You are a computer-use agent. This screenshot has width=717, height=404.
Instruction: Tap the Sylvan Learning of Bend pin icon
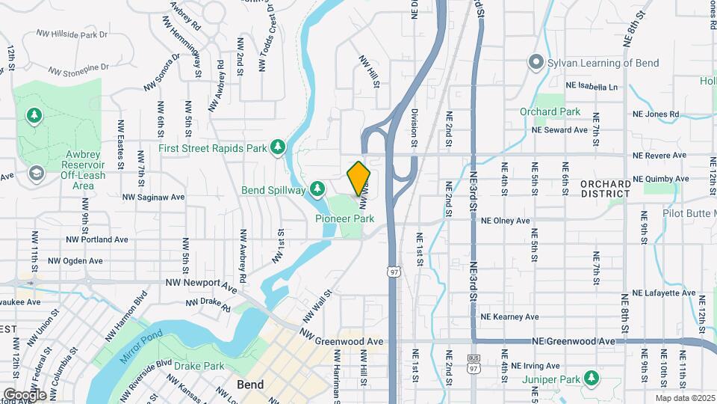pos(535,63)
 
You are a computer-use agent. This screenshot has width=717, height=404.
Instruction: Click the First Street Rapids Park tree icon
pos(278,147)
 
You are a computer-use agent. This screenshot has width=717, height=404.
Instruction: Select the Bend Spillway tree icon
pos(317,189)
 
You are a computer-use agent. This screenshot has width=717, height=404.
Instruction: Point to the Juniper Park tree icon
pos(592,377)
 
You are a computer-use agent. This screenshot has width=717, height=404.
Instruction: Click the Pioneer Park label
pos(344,219)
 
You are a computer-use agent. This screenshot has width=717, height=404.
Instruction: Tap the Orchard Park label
pos(550,111)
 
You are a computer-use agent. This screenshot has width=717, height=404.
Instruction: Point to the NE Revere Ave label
pos(659,156)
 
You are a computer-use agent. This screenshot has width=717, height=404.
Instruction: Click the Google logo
pos(24,394)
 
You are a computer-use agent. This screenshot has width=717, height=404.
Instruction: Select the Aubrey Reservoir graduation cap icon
pos(34,173)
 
